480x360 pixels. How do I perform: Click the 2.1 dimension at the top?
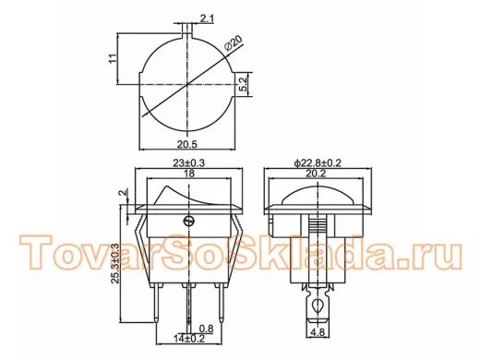coord(207,19)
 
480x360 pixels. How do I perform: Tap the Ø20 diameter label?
coord(234,43)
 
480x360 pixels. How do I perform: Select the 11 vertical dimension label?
coord(113,58)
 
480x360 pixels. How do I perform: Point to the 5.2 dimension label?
coord(243,84)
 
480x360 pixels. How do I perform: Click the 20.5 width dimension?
coord(186,144)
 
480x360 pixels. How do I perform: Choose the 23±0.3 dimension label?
coord(188,163)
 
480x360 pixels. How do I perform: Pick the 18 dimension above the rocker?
coord(188,174)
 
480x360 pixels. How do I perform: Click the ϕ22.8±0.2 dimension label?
coord(318,163)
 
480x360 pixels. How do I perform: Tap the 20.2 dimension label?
coord(316,174)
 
